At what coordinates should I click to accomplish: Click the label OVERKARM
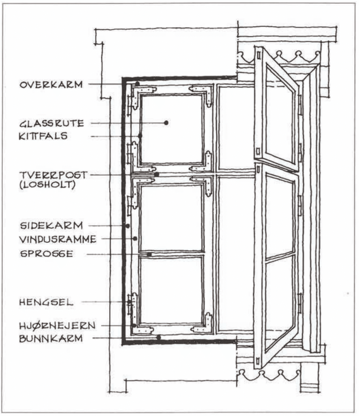(51, 85)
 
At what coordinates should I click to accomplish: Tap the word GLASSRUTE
(52, 123)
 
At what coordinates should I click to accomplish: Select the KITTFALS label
(43, 136)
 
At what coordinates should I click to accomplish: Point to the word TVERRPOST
(53, 175)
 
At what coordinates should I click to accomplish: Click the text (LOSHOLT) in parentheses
(47, 185)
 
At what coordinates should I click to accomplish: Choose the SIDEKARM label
(52, 226)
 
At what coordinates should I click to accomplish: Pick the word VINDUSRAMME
(58, 239)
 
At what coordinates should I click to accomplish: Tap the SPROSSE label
(47, 253)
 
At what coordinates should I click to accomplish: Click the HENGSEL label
(46, 302)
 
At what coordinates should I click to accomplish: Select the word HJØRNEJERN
(57, 325)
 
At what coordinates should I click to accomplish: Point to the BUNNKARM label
(51, 338)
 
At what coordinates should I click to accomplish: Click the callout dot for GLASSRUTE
(166, 123)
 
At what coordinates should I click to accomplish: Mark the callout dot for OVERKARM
(137, 84)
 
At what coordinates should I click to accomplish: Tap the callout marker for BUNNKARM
(159, 338)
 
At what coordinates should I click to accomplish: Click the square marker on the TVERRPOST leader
(157, 175)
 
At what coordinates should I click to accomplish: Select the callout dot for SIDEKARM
(128, 226)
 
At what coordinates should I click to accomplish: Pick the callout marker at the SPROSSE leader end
(149, 254)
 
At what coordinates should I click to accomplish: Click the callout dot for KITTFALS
(140, 136)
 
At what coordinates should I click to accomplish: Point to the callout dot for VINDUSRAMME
(135, 239)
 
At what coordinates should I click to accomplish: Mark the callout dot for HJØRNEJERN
(134, 325)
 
